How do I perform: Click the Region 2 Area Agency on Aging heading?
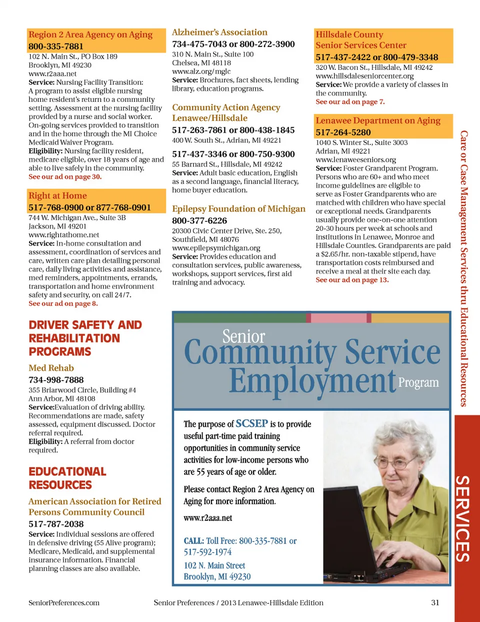tap(90, 34)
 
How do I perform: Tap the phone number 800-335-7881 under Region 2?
tap(56, 46)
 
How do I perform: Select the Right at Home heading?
tap(57, 196)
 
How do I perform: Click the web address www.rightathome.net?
tap(63, 235)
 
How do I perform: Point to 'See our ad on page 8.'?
tap(63, 303)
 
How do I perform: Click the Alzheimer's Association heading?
tap(219, 32)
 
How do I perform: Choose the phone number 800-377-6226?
tap(199, 220)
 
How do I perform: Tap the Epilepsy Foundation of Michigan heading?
tap(238, 209)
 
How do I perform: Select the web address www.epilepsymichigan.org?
tap(216, 248)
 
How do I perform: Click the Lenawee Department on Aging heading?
tap(378, 120)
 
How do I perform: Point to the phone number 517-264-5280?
tap(343, 132)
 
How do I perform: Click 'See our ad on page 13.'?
tap(352, 280)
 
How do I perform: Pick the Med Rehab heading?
tap(51, 368)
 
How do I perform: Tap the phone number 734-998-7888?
tap(56, 380)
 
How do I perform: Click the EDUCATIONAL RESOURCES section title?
tap(67, 478)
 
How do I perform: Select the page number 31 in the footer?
tap(435, 603)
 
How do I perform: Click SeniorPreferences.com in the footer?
tap(64, 603)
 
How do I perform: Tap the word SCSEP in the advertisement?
tap(251, 424)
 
